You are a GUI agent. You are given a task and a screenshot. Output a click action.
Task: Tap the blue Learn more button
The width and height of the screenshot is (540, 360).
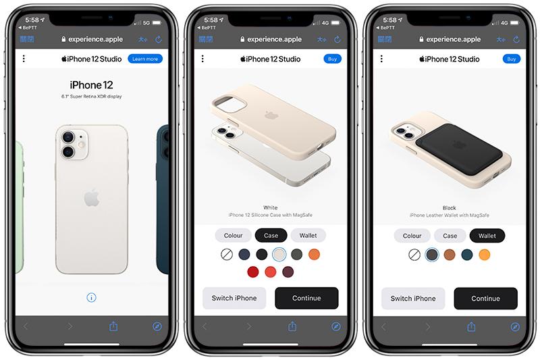pos(145,59)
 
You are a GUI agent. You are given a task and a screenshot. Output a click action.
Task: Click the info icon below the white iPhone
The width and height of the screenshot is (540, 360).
pos(91,297)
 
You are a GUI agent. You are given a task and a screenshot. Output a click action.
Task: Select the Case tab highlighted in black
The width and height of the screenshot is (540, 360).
pos(271,236)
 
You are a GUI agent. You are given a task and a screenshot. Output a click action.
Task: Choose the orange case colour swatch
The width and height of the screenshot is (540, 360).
pos(314,255)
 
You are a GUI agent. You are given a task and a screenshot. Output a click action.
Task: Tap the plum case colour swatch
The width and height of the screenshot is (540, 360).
pos(288,272)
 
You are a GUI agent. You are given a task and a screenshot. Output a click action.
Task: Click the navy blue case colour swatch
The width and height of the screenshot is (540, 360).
pos(244,255)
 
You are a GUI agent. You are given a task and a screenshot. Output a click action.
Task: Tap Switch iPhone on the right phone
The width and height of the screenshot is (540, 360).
pos(413,299)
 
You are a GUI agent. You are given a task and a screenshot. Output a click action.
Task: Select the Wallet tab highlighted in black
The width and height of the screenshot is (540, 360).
pos(487,236)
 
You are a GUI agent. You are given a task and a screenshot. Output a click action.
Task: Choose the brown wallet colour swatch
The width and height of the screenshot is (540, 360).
pos(450,255)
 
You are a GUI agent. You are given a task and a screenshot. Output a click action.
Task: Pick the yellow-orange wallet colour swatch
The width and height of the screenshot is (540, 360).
pos(484,255)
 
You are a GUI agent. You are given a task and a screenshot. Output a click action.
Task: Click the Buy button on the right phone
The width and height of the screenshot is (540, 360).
pos(512,59)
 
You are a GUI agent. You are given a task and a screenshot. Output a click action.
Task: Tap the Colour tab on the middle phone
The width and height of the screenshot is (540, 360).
pos(233,236)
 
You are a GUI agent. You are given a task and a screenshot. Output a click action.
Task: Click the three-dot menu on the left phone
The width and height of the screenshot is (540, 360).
pos(24,59)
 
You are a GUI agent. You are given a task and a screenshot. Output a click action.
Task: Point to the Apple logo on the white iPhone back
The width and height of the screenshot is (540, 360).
pos(92,198)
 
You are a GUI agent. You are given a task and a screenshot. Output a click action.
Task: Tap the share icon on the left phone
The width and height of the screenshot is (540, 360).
pos(113,326)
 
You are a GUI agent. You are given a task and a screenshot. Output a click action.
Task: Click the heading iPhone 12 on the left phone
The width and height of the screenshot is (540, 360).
pos(91,85)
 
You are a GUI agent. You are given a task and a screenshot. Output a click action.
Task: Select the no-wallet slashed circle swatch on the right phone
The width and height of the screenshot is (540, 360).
pos(414,255)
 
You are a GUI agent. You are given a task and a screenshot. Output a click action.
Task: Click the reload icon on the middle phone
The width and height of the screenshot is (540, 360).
pos(337,39)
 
